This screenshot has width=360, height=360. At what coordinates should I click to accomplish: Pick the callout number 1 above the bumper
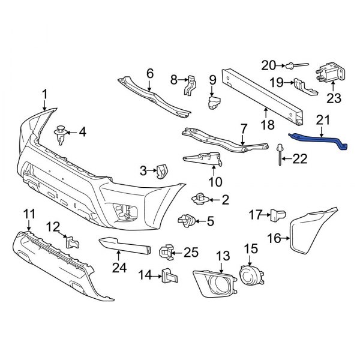pyautogui.click(x=44, y=94)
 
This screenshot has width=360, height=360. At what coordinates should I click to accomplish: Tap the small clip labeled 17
pyautogui.click(x=277, y=213)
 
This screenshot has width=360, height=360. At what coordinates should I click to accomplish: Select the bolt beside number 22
pyautogui.click(x=280, y=157)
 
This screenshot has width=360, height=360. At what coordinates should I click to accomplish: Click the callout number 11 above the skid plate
pyautogui.click(x=29, y=214)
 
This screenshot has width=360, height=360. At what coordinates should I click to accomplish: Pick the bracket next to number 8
pyautogui.click(x=190, y=85)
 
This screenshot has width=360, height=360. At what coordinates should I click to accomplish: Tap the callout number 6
pyautogui.click(x=150, y=74)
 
